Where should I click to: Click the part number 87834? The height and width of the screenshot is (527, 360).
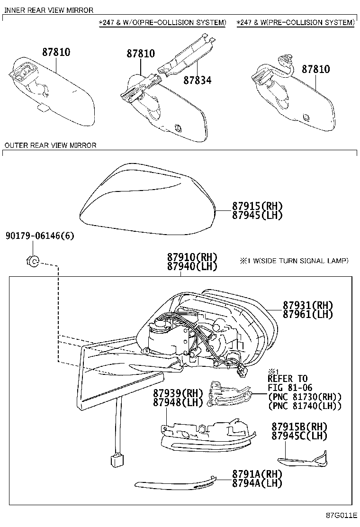tap(198, 80)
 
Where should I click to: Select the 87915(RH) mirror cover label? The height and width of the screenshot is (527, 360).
tap(257, 206)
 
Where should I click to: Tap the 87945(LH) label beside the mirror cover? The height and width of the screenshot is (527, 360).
tap(257, 215)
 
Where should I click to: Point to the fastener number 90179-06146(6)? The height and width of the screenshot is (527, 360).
tap(40, 236)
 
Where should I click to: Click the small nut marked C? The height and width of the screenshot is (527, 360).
tap(33, 261)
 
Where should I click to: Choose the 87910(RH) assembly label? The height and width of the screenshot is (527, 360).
tap(192, 257)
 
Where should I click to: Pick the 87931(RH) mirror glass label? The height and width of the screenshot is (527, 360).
tap(308, 305)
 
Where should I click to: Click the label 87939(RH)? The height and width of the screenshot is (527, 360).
tap(178, 393)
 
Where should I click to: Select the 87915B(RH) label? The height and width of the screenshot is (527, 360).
tap(299, 427)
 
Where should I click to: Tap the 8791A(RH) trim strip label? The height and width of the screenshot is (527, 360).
tap(257, 474)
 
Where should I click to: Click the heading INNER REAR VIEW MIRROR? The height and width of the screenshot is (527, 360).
tap(49, 10)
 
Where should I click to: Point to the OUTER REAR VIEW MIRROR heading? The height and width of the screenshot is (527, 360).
tap(50, 145)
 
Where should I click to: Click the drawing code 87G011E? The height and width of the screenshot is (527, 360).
tap(341, 516)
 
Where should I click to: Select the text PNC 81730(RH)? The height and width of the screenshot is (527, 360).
tap(305, 397)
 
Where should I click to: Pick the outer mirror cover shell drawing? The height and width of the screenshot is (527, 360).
tap(147, 199)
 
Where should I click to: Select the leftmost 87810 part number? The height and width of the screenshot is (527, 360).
tap(56, 52)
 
